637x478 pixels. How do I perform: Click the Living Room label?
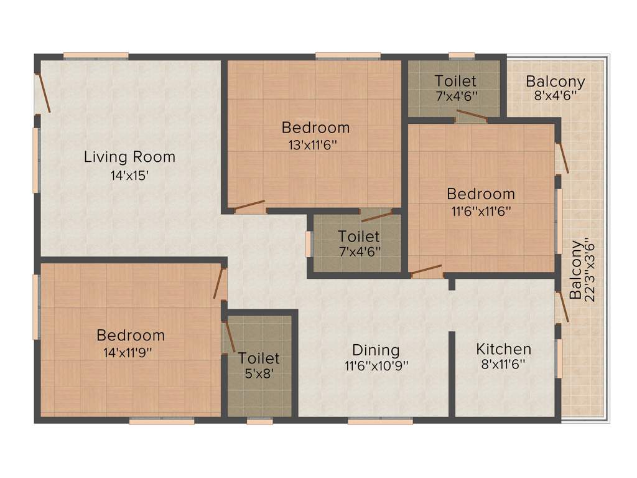pyautogui.click(x=129, y=157)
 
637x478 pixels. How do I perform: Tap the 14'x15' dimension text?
pyautogui.click(x=129, y=176)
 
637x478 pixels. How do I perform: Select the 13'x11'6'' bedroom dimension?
pyautogui.click(x=315, y=145)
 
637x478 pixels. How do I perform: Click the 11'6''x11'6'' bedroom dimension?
pyautogui.click(x=481, y=211)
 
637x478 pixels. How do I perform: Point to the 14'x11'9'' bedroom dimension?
pyautogui.click(x=131, y=352)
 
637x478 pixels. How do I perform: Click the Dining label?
pyautogui.click(x=376, y=350)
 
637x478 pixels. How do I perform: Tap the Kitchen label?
pyautogui.click(x=504, y=349)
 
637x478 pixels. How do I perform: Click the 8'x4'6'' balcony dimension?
pyautogui.click(x=555, y=96)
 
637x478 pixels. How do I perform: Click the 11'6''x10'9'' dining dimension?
pyautogui.click(x=376, y=366)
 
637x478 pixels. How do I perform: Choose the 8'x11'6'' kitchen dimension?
pyautogui.click(x=504, y=365)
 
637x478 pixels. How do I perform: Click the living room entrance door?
pyautogui.click(x=43, y=93)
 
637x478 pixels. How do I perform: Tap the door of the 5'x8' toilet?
pyautogui.click(x=229, y=337)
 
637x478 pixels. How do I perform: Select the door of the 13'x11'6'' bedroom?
pyautogui.click(x=249, y=206)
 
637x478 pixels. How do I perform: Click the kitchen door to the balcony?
pyautogui.click(x=562, y=305)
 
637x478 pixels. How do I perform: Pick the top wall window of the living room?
pyautogui.click(x=96, y=55)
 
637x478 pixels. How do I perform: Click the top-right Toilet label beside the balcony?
pyautogui.click(x=455, y=81)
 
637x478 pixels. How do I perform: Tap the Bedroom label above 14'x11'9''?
pyautogui.click(x=131, y=335)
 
